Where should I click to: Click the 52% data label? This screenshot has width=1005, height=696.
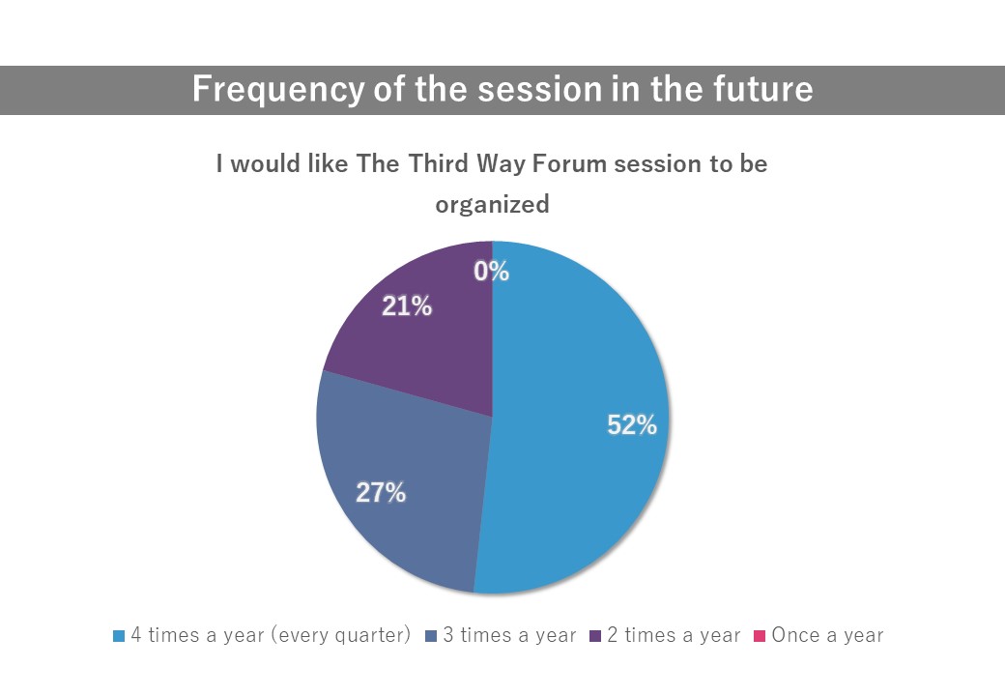[632, 424]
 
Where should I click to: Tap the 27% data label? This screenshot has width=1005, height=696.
[381, 492]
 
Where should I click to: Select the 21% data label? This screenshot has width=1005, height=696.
[407, 306]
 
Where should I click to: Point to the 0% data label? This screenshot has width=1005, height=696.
[492, 271]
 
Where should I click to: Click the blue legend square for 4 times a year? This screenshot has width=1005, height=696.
[119, 636]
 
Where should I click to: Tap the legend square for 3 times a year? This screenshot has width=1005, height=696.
[431, 636]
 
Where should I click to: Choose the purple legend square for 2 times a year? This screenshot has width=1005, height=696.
[595, 636]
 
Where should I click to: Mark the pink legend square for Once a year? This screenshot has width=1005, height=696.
[760, 636]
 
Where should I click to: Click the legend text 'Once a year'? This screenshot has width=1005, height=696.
[827, 635]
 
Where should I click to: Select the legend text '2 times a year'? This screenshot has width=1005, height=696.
[674, 635]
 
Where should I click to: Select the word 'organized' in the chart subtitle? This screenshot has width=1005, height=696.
[492, 204]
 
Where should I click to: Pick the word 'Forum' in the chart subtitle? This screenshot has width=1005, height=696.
[569, 163]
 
